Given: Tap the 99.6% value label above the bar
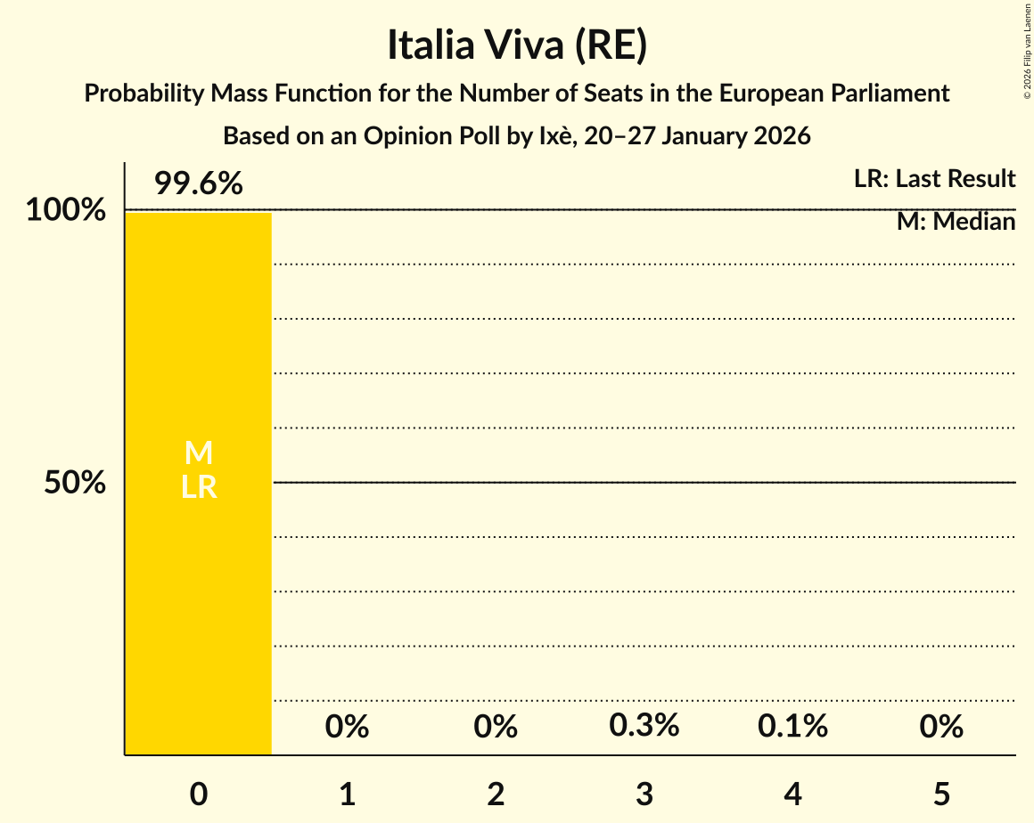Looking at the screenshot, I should (x=198, y=183).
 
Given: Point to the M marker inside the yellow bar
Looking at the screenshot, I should (x=198, y=453).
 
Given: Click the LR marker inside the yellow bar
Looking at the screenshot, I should (x=198, y=487).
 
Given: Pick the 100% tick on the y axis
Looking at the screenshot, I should (x=65, y=211).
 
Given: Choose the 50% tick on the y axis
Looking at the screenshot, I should (x=75, y=483).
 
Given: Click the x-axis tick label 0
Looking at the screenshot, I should (x=198, y=794).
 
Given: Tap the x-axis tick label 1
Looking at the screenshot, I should (x=347, y=794).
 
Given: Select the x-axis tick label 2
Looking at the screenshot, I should (x=496, y=794).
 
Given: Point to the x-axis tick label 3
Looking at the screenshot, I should (x=644, y=794).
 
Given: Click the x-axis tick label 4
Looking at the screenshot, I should (x=792, y=794).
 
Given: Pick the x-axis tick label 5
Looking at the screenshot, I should (x=941, y=794).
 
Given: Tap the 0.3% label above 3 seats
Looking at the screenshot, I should (x=644, y=726).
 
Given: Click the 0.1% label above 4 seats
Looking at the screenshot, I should (x=792, y=727).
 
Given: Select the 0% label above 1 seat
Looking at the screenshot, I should (x=347, y=727).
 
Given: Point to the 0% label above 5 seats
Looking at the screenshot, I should (x=941, y=727).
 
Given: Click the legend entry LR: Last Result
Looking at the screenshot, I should (x=934, y=179).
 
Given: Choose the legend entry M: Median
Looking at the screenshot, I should (x=956, y=222).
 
